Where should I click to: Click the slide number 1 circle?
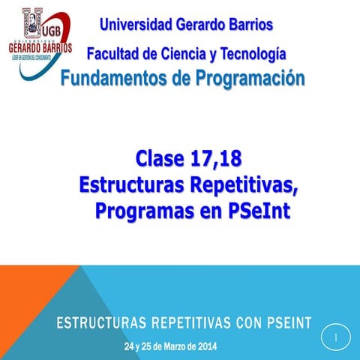336,337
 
